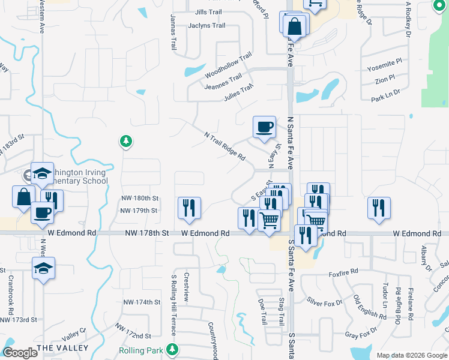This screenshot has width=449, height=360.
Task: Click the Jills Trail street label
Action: [x=209, y=12]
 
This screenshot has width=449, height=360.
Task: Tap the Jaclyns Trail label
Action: [x=206, y=26]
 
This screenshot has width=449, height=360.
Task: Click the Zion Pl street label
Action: [x=384, y=78]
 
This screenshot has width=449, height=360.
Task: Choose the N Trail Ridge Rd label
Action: [x=225, y=146]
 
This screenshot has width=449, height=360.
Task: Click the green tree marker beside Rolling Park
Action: [x=173, y=349]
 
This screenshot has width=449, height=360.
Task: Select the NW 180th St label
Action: [x=139, y=198]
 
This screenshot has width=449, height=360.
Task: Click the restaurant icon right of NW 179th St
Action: [x=189, y=208]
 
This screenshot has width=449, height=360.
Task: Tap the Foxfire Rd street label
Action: [x=343, y=274]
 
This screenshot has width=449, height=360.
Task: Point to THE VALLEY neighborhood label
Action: [x=62, y=348]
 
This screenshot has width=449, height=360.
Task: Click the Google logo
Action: [x=20, y=353]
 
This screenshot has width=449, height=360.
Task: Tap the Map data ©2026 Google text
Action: [x=411, y=355]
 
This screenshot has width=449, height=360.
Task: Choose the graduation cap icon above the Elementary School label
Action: [x=43, y=173]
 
